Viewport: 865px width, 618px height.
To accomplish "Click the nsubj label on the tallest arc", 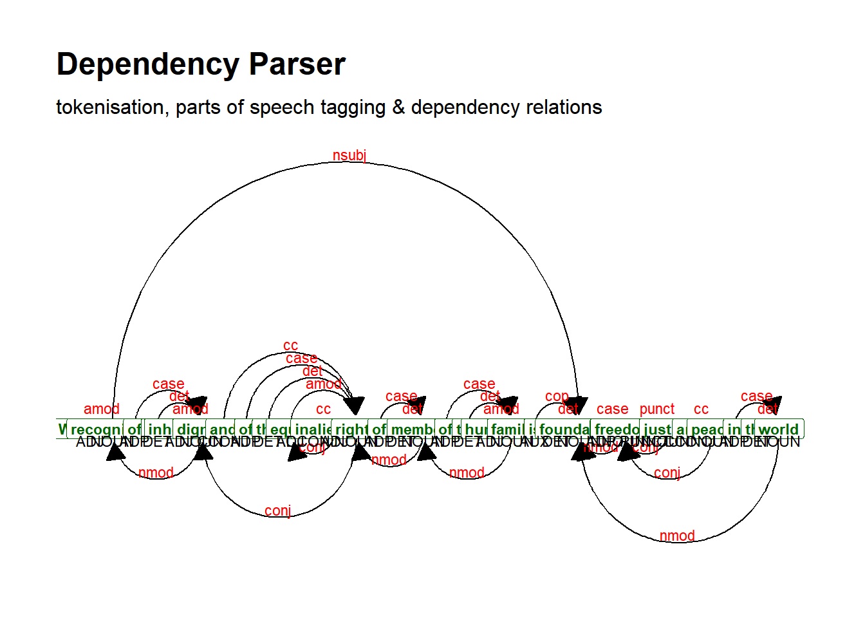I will pos(349,156).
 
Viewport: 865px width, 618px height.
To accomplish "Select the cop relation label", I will pos(557,397).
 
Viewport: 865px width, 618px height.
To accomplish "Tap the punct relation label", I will pos(656,409).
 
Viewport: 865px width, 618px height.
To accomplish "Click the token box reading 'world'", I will pos(778,429).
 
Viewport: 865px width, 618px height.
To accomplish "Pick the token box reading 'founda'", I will pos(564,429).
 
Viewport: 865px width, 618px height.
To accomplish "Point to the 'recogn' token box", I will pos(95,429).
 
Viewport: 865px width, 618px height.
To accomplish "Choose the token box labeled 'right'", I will pos(351,429).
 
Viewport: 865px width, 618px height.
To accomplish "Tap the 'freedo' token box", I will pos(616,429).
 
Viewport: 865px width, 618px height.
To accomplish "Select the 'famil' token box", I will pos(507,429).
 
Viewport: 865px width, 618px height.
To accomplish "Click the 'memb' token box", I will pos(411,429).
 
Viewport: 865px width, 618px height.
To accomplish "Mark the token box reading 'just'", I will pos(657,429).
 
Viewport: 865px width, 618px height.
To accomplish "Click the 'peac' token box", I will pos(706,429).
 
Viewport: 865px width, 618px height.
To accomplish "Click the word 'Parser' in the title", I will pos(297,64).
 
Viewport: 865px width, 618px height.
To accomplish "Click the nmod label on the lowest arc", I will pos(677,536).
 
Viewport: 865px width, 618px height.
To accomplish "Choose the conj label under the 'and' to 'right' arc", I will pos(278,511).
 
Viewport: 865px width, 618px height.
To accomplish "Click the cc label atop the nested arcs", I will pos(291,346).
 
